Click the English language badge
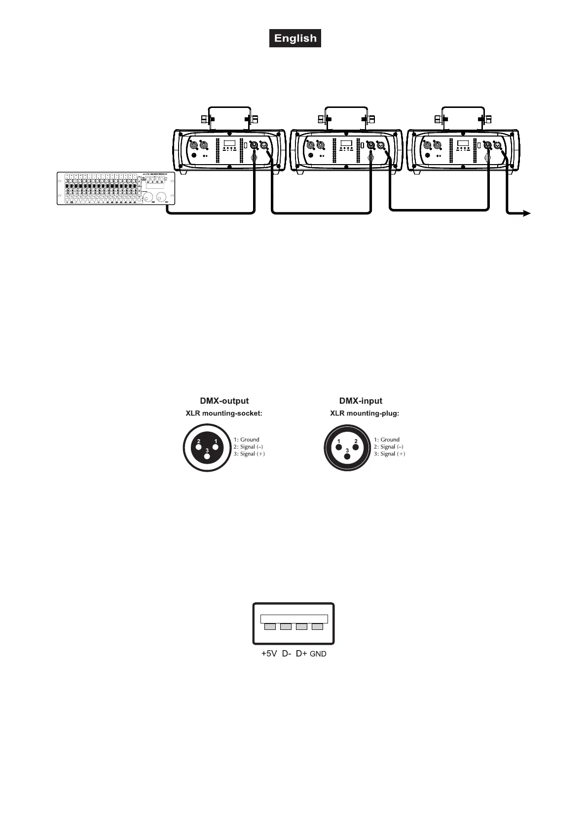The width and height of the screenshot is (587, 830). coord(295,38)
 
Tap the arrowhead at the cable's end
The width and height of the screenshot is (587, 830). coord(526,213)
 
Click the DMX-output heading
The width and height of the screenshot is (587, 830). coord(224,401)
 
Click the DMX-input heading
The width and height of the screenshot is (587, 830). coord(361,401)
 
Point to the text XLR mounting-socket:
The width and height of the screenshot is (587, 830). coord(224,414)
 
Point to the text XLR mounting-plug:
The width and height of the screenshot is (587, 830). coord(365,414)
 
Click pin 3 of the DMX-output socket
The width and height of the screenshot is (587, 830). coord(207,456)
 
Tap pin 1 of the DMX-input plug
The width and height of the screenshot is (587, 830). coord(339,447)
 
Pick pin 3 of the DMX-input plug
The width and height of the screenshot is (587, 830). coord(347,456)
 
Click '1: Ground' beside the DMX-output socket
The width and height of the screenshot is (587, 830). coord(246,440)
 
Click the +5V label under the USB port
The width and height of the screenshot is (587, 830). coord(269,654)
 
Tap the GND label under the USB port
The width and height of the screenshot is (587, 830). coord(318,654)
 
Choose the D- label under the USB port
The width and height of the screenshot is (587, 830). coord(287,654)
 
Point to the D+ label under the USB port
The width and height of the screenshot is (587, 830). coord(301,654)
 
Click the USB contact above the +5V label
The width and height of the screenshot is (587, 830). coord(270,627)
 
